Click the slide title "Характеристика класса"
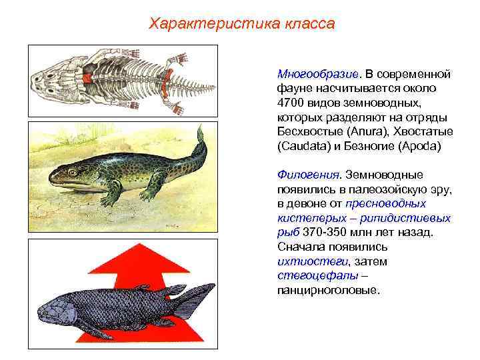coord(241,25)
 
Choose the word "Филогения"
coord(307,175)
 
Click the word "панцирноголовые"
coord(329,291)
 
